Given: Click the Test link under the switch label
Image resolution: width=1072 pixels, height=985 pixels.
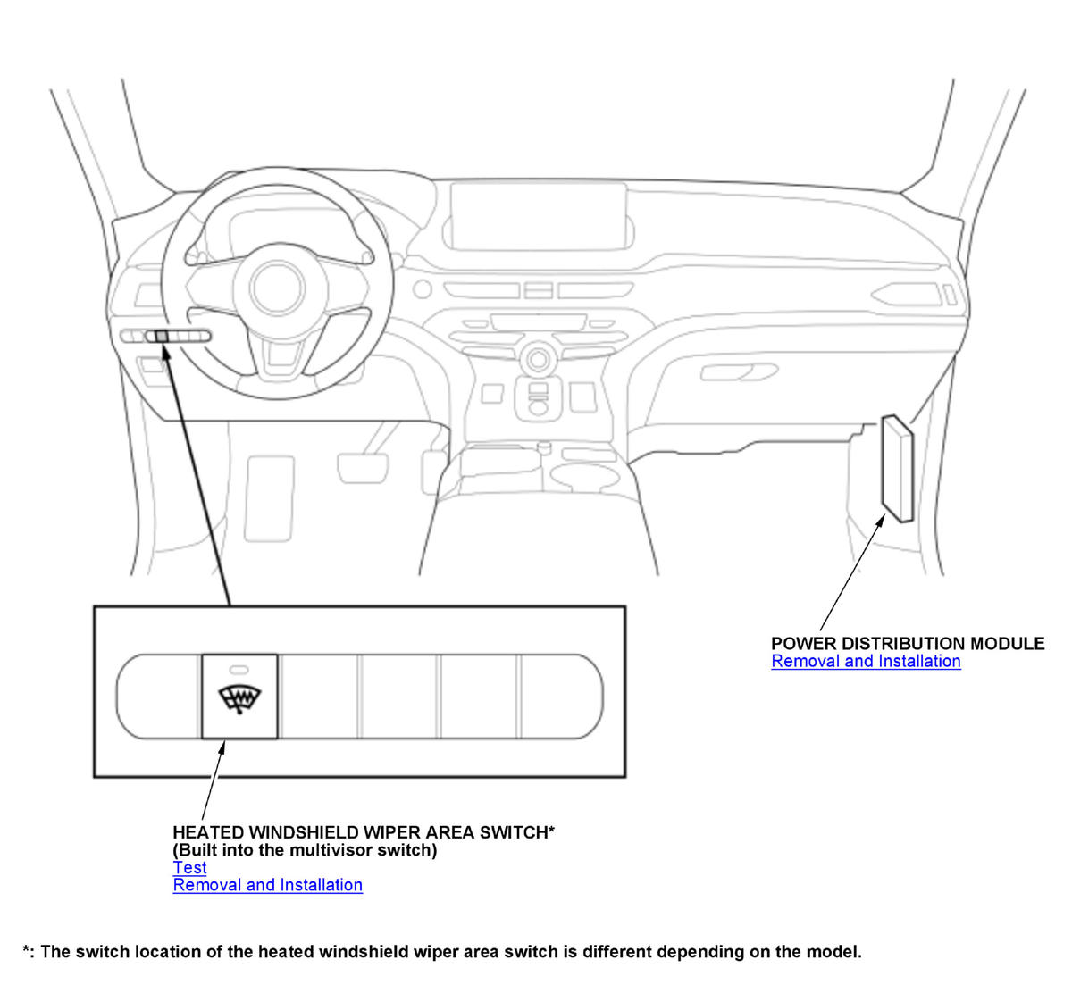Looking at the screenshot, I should click(189, 867).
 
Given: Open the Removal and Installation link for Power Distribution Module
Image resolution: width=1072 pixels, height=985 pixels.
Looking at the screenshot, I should click(866, 661).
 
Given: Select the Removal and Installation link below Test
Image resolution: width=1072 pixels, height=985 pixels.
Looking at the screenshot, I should click(267, 885).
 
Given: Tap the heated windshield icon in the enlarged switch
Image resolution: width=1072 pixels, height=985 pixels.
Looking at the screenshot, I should click(239, 700).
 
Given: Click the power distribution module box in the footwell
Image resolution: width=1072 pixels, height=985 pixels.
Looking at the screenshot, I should click(897, 468).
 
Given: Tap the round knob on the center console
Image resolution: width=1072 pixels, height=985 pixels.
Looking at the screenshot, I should click(537, 360).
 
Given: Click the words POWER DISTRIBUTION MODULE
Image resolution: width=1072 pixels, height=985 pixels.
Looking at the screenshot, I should click(908, 643).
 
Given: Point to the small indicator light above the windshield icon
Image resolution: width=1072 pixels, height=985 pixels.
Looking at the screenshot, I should click(239, 668).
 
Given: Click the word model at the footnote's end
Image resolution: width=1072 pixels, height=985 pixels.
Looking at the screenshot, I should click(837, 952).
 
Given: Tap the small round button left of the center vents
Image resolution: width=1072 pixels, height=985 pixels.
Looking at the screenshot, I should click(422, 289).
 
